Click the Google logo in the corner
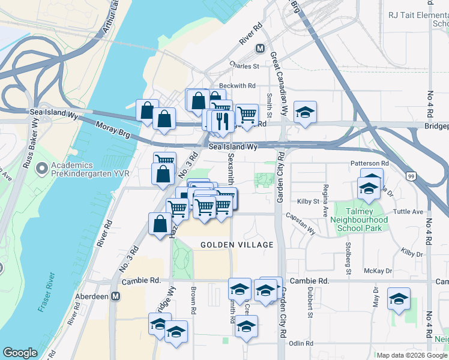tap(20, 353)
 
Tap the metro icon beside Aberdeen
tap(116, 296)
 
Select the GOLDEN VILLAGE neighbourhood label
tap(237, 245)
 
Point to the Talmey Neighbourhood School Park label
tap(361, 220)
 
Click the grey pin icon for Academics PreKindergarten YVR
tap(41, 169)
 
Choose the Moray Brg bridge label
tap(113, 131)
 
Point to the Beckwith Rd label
tap(237, 86)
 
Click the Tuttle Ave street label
tap(408, 212)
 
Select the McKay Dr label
tap(380, 271)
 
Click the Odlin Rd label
tap(301, 343)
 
